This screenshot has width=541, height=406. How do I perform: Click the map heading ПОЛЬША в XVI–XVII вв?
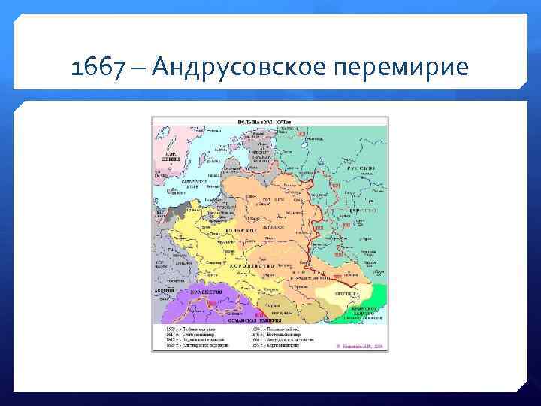tap(270, 120)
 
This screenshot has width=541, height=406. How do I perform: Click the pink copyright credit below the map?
tap(359, 345)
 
